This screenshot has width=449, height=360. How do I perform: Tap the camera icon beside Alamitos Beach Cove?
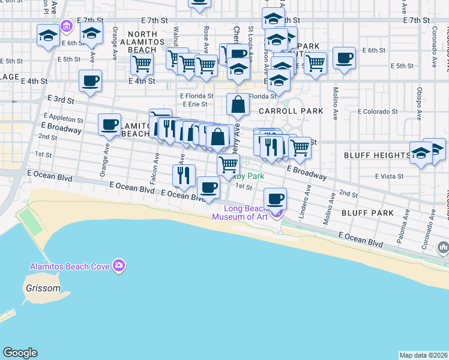(119, 265)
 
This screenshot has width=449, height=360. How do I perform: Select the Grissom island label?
(43, 288)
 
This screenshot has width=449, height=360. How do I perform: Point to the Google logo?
(20, 353)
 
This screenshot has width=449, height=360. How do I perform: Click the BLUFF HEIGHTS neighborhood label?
(377, 155)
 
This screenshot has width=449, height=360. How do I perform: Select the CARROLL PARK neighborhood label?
(291, 111)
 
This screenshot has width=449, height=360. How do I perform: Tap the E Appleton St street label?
(62, 119)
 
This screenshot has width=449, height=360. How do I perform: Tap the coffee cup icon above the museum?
(276, 198)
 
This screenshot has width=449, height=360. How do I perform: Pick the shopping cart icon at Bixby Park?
(228, 164)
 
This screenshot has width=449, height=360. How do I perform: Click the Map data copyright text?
(423, 355)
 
